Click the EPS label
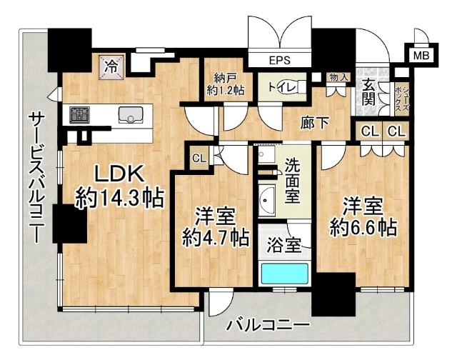tap(279, 60)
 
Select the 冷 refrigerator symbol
tap(111, 66)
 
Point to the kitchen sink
tap(132, 114)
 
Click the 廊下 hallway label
tap(313, 124)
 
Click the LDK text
tap(119, 174)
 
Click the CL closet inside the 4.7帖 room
tap(199, 159)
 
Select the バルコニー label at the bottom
tap(268, 326)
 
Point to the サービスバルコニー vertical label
tap(34, 176)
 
